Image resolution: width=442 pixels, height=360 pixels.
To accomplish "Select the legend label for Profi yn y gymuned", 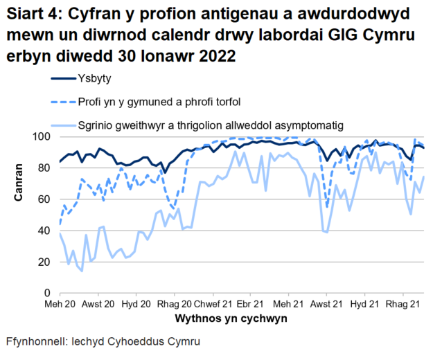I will coord(159,102).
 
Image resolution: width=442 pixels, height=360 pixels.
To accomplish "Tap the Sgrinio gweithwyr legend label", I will coord(211,125).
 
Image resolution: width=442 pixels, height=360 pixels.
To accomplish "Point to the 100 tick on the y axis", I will coord(45,136).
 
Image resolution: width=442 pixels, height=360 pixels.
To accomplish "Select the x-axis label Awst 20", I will coord(98,305).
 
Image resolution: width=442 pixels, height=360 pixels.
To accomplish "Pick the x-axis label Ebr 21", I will coord(249,305).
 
